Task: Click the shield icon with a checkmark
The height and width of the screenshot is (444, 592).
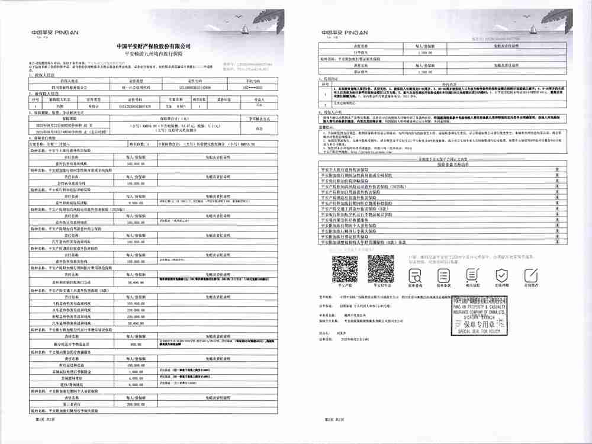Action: point(502,275)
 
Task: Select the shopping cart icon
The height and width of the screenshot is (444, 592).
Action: point(442,275)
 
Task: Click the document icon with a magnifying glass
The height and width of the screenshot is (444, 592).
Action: point(414,275)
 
